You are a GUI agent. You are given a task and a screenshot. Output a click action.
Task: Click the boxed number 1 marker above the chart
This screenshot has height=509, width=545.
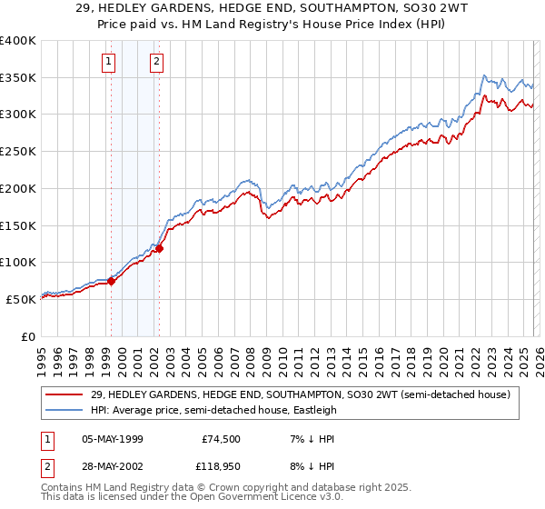pyautogui.click(x=109, y=62)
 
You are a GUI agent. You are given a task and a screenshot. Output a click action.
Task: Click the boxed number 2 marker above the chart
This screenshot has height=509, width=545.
pyautogui.click(x=157, y=62)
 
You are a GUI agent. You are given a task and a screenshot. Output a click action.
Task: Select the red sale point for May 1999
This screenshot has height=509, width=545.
pyautogui.click(x=111, y=281)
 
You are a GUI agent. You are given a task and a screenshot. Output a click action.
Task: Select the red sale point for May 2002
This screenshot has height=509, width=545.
pyautogui.click(x=159, y=248)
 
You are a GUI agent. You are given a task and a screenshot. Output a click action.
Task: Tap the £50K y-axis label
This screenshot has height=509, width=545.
pyautogui.click(x=21, y=298)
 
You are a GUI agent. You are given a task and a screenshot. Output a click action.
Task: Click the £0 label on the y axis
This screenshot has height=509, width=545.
pyautogui.click(x=29, y=335)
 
